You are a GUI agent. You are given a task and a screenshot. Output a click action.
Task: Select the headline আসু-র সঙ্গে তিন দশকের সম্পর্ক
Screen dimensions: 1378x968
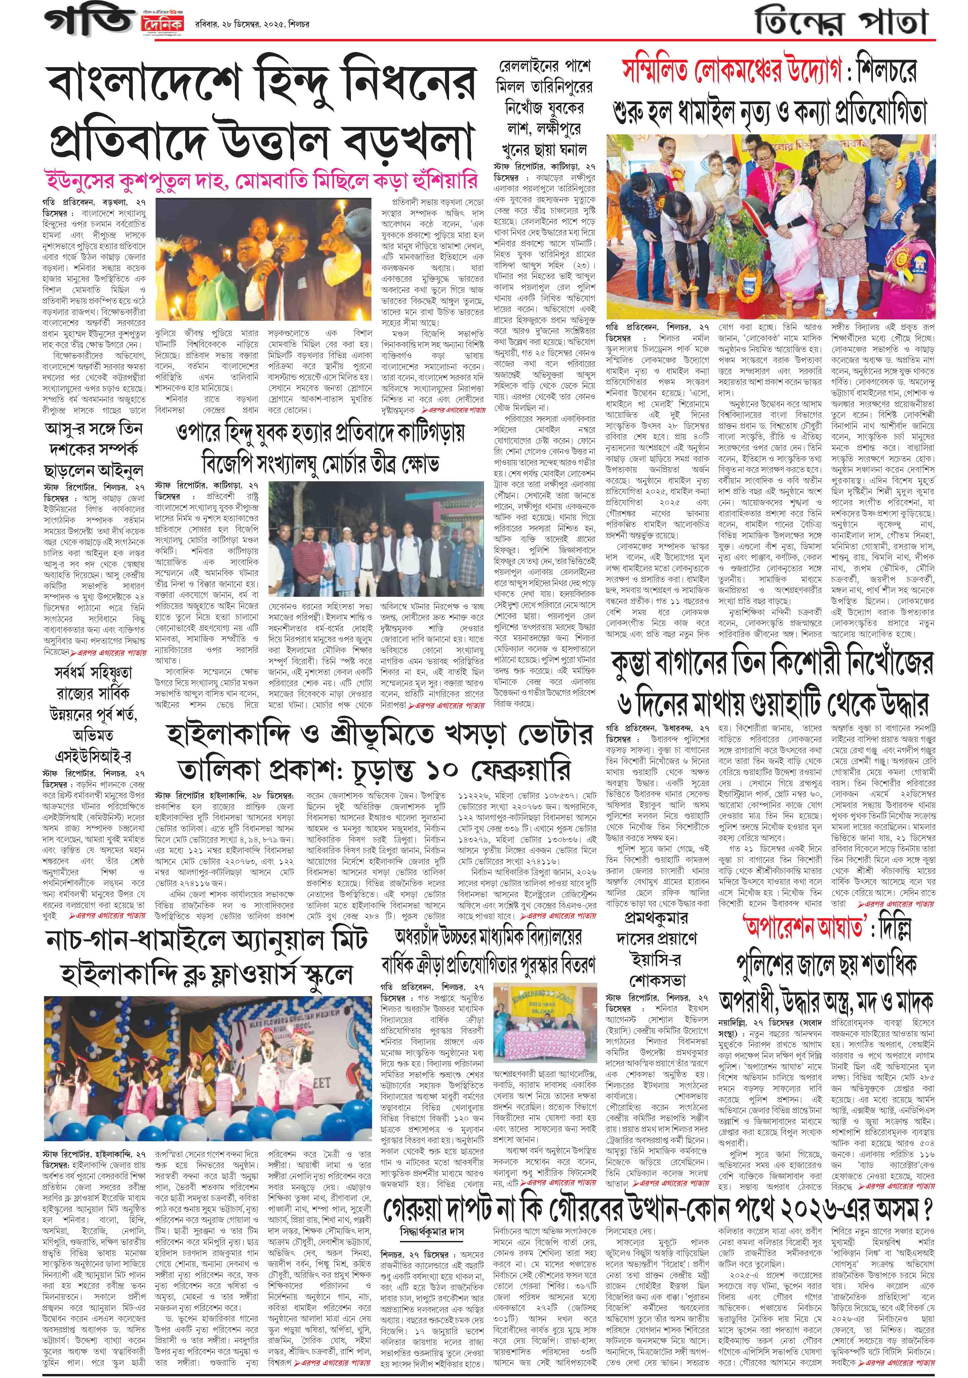(94, 447)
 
